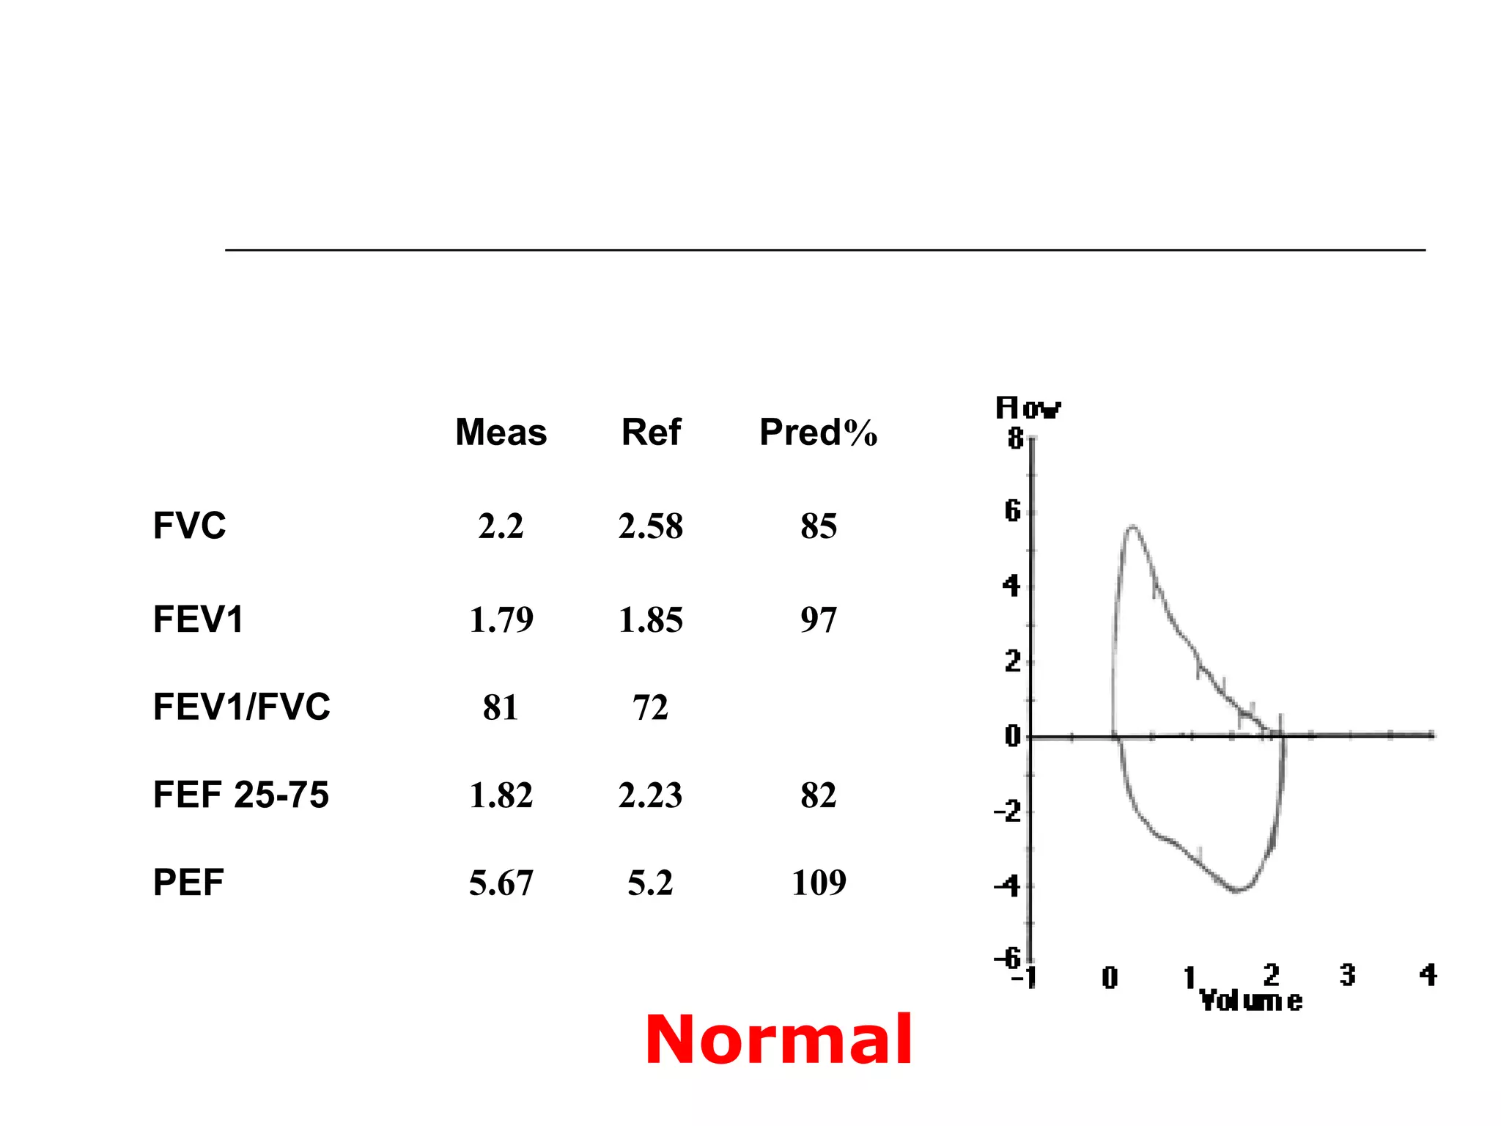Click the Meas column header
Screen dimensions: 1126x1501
[x=501, y=432]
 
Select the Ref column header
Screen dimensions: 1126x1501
[x=651, y=432]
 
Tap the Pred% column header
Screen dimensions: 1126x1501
[x=818, y=432]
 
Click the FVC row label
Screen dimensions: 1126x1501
[x=189, y=526]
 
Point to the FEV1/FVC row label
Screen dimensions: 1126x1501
[x=241, y=707]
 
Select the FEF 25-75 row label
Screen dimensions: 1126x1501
[x=240, y=795]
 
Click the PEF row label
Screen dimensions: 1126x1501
[x=188, y=882]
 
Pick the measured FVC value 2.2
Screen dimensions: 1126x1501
[x=501, y=526]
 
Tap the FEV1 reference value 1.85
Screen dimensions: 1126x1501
[x=650, y=619]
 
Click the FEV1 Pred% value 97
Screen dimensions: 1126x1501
[x=818, y=619]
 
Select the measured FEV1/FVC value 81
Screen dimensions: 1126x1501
[x=501, y=707]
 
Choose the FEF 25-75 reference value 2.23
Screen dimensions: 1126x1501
[x=650, y=795]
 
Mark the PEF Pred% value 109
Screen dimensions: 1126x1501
[x=819, y=882]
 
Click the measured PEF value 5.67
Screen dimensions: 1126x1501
[x=501, y=883]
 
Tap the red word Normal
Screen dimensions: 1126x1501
[x=778, y=1039]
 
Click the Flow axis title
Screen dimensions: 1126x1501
[x=1028, y=408]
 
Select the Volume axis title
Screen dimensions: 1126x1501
[x=1250, y=1001]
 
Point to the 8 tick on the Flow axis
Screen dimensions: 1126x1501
[x=1015, y=438]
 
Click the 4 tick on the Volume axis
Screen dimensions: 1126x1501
[x=1428, y=975]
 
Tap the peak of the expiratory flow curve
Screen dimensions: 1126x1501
[x=1133, y=526]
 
